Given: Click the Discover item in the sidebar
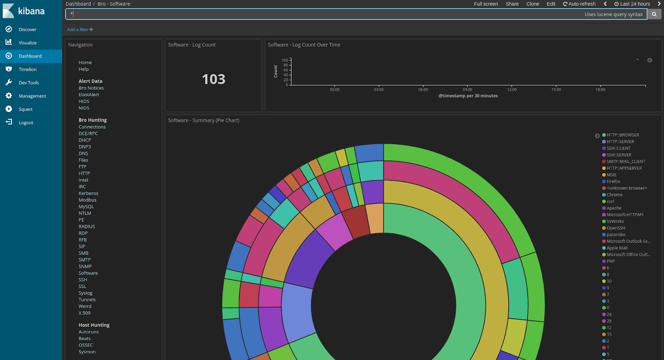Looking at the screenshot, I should tap(27, 29).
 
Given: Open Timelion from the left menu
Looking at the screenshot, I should tap(27, 69).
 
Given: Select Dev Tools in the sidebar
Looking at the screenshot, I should tap(29, 83).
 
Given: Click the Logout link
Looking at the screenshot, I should tap(26, 122).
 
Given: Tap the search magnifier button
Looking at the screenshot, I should tap(654, 14).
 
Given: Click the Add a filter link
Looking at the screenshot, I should tap(80, 29).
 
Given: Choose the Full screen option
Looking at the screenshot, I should tap(486, 4).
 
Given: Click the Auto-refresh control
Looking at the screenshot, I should tap(579, 4).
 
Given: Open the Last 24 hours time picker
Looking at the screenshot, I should tap(632, 4).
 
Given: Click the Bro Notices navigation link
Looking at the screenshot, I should tap(91, 88).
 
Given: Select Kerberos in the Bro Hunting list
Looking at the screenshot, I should tap(88, 193).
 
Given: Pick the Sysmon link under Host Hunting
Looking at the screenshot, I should tap(87, 352).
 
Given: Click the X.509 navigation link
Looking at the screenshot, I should tap(85, 313).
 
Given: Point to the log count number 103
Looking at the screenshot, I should tap(214, 79).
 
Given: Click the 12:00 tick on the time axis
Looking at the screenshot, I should tap(512, 90).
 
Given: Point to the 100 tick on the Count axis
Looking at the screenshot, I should tap(285, 60).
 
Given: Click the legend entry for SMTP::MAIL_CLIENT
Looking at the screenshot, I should tap(626, 162).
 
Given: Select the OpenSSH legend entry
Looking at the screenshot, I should tap(616, 228).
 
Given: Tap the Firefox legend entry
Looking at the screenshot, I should tap(613, 181).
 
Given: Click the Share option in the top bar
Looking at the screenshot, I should tap(512, 4).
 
